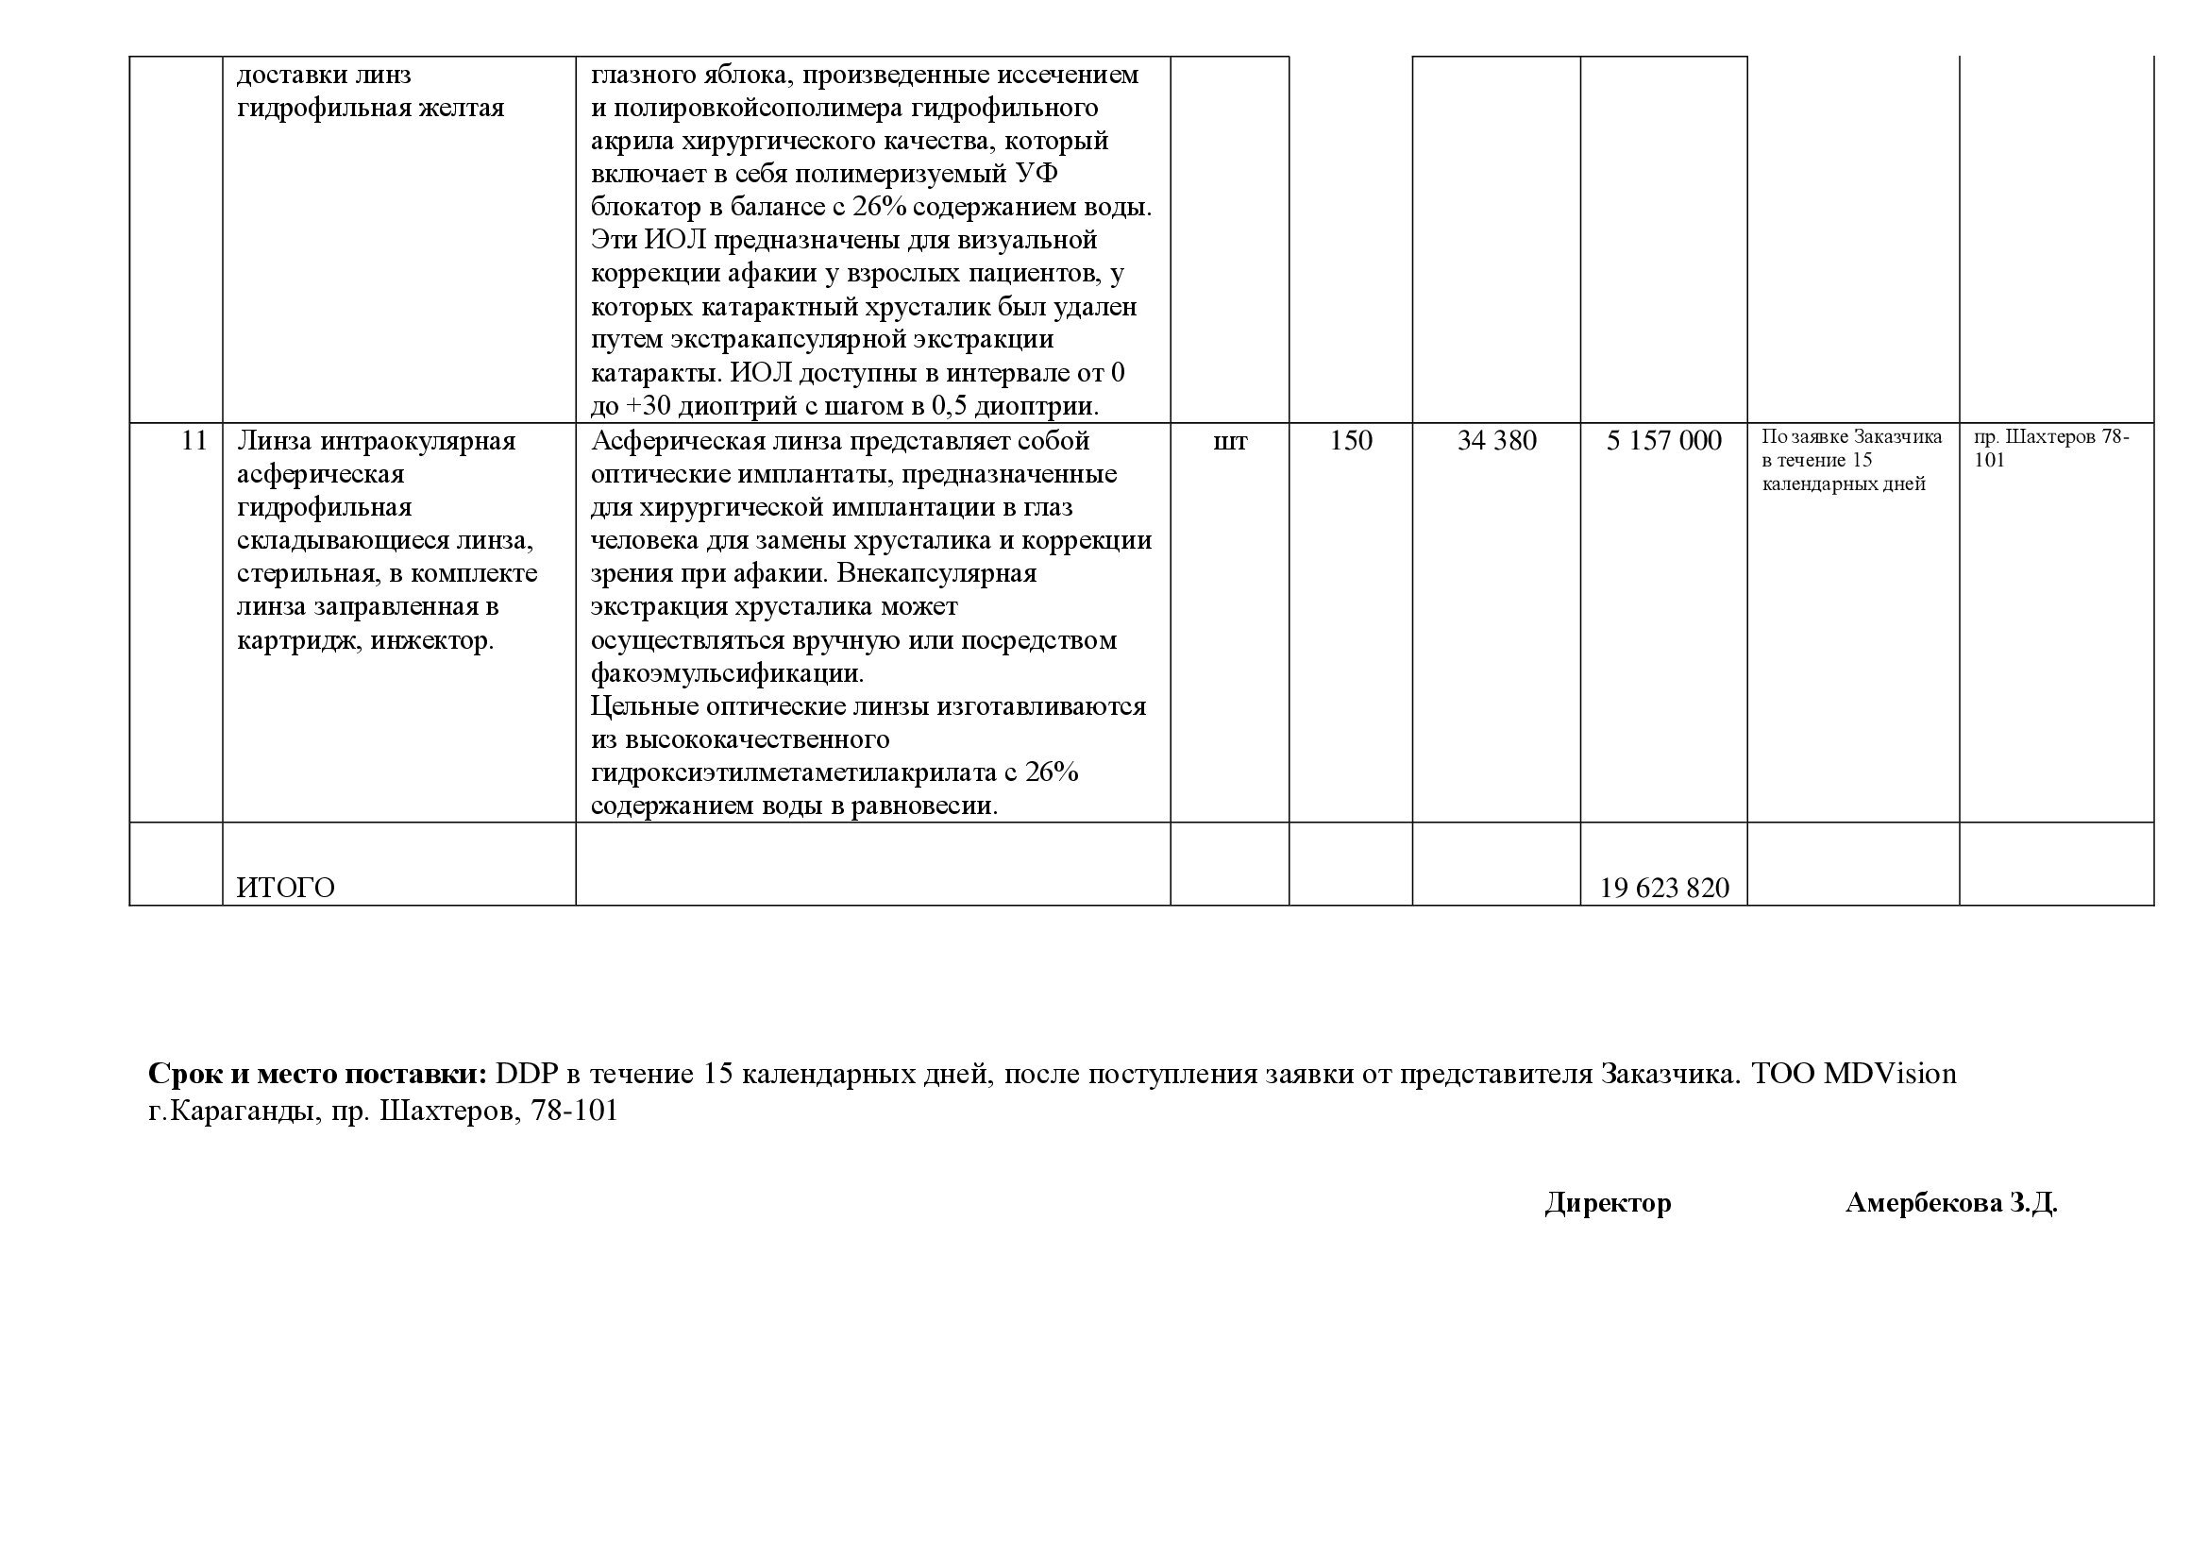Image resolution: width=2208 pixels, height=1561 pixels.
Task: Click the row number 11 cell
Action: click(194, 440)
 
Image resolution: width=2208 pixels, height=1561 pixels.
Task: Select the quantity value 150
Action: click(1350, 440)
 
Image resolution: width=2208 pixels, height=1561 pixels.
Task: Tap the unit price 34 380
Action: click(1496, 440)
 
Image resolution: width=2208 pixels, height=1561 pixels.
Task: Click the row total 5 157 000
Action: click(1663, 440)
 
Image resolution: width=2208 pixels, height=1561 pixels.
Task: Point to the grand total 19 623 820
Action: click(1663, 888)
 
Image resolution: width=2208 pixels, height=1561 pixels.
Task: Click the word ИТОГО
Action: click(286, 888)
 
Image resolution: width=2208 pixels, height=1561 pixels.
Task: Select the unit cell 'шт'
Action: click(1230, 440)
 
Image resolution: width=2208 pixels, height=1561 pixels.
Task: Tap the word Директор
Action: click(1608, 1202)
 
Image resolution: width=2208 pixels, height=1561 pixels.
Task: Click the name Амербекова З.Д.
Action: click(1951, 1202)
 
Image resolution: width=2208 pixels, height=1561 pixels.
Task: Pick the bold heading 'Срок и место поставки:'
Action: click(318, 1074)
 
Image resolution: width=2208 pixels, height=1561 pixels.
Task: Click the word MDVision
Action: click(1890, 1074)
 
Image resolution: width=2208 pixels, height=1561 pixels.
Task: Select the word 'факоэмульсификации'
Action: click(727, 672)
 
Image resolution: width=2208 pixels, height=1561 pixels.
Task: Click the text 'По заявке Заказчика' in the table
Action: click(1851, 437)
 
